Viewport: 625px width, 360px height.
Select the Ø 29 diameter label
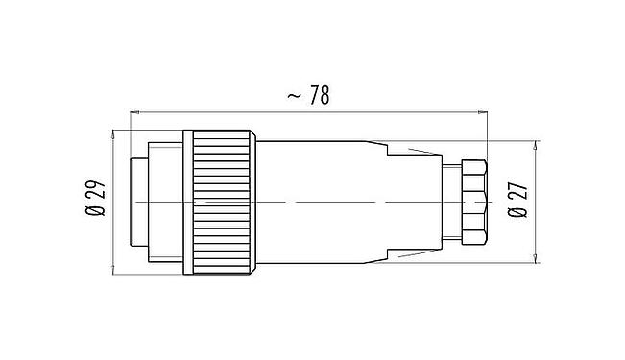pyautogui.click(x=96, y=201)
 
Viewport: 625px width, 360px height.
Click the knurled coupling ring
pyautogui.click(x=220, y=203)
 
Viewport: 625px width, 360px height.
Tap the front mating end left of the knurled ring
pyautogui.click(x=154, y=203)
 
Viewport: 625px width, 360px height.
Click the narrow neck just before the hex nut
pyautogui.click(x=449, y=203)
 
